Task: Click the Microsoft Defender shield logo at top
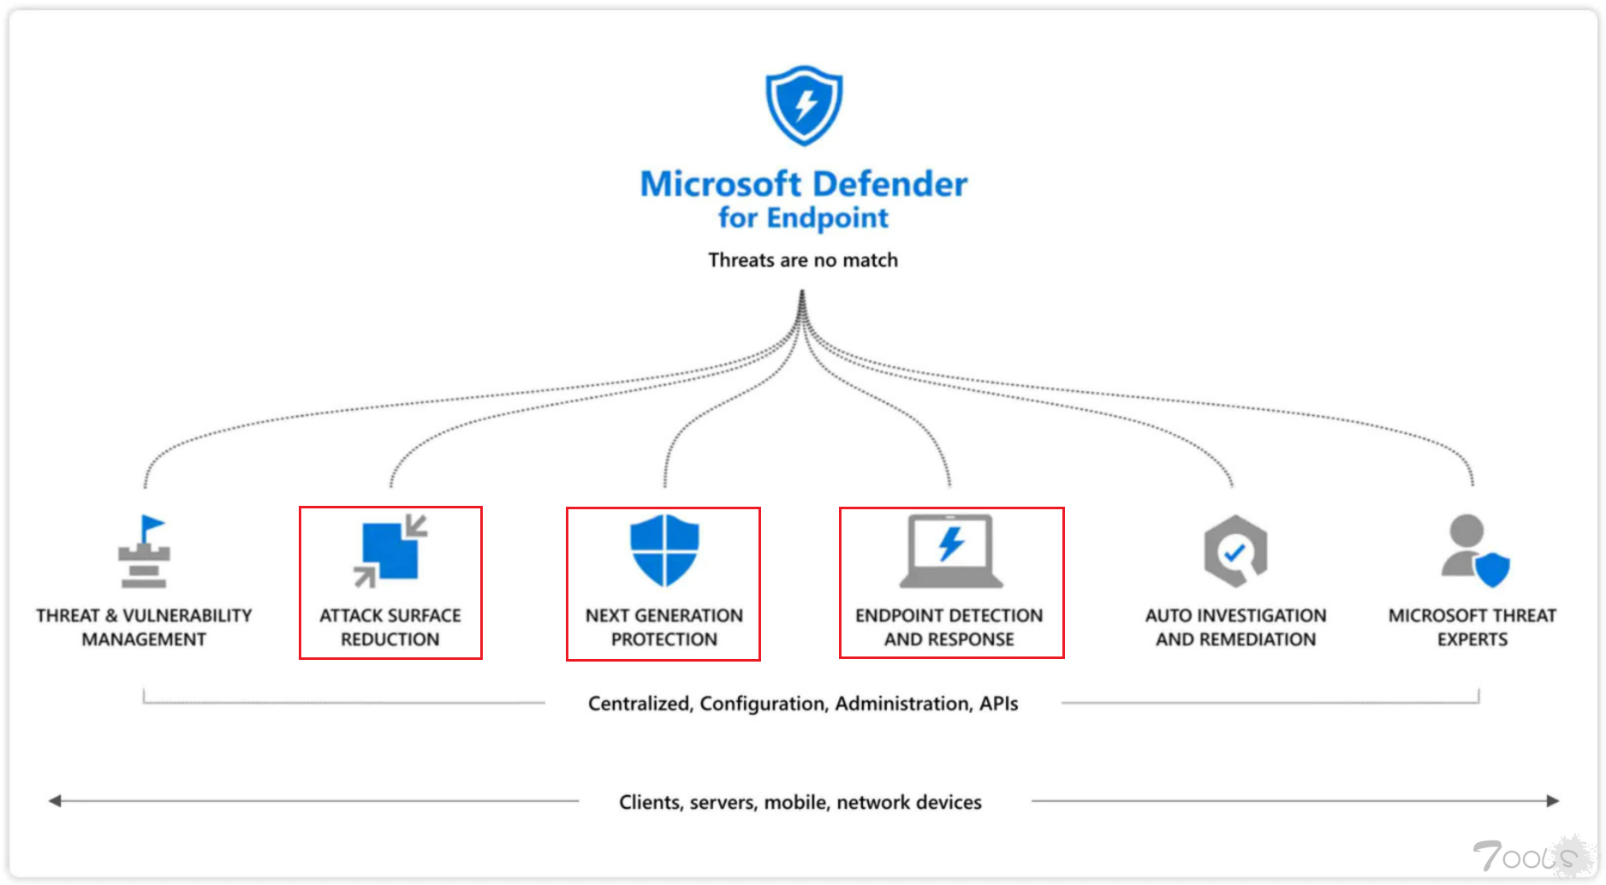point(803,104)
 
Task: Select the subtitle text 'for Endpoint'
point(803,218)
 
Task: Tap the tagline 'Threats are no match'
point(803,260)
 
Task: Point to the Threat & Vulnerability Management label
point(144,627)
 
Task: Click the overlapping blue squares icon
point(390,551)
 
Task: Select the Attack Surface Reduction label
point(390,627)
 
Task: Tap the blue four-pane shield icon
point(664,549)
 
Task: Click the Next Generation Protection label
point(664,627)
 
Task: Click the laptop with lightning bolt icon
point(950,550)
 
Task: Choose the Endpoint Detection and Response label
point(949,627)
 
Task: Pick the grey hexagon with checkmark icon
point(1234,551)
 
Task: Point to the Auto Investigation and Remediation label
point(1235,627)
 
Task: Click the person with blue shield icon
point(1474,551)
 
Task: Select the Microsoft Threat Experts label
point(1472,627)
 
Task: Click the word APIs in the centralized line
point(998,704)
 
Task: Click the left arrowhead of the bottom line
point(55,801)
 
